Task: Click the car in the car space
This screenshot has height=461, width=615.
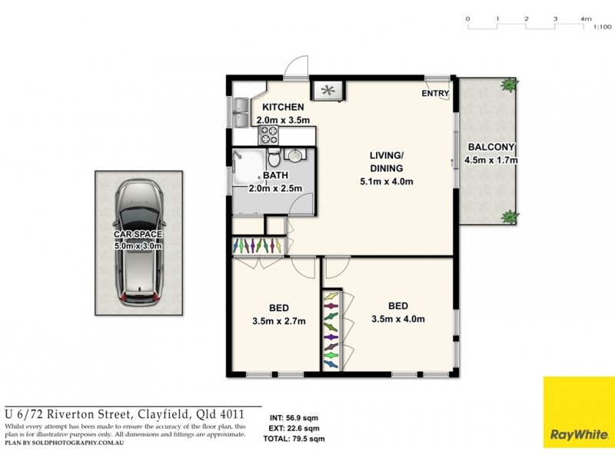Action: (x=139, y=243)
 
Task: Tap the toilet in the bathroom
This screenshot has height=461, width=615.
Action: (x=274, y=159)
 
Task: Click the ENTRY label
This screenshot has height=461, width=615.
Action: (x=434, y=94)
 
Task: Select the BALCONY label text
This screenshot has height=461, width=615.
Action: (x=492, y=148)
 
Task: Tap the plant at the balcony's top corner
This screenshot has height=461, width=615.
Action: (x=508, y=85)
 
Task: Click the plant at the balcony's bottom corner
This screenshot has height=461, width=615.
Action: (x=508, y=217)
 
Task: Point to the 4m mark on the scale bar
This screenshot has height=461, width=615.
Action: (x=586, y=18)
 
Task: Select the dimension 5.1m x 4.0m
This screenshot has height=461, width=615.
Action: (x=387, y=182)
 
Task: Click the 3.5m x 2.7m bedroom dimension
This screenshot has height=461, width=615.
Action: (x=279, y=321)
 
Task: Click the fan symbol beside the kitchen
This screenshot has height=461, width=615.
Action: (x=328, y=91)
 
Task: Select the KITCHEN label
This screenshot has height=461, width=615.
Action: (x=284, y=108)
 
